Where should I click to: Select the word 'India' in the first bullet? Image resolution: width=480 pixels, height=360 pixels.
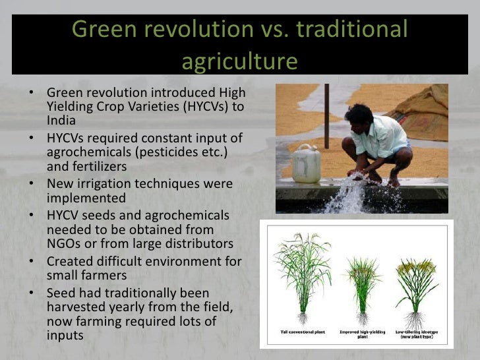coord(61,121)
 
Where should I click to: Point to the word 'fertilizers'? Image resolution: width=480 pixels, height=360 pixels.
coord(98,167)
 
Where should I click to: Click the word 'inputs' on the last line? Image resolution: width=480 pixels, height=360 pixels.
coord(65,334)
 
